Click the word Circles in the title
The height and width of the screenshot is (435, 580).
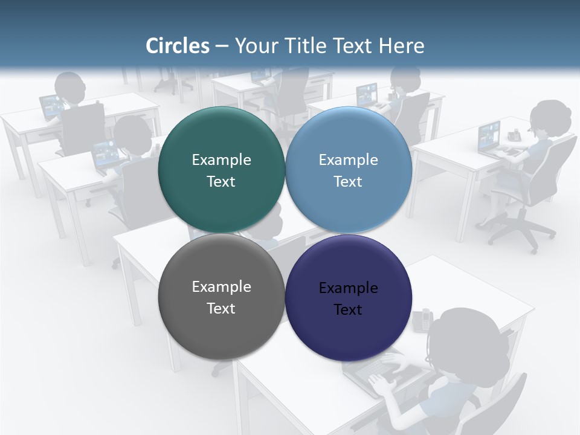coord(178,46)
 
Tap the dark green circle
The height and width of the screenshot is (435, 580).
coord(221,170)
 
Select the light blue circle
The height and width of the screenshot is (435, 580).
coord(348,170)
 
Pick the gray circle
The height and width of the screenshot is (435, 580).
coord(221,297)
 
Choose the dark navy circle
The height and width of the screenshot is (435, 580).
coord(348,297)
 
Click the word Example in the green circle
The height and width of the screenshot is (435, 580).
coord(221,159)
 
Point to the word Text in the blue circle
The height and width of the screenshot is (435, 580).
coord(348,181)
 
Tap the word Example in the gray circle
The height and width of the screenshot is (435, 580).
coord(221,286)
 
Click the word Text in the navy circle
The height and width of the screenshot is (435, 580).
coord(348,309)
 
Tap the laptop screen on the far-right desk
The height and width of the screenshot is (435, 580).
coord(489,137)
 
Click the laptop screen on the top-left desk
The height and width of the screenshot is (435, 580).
coord(50,106)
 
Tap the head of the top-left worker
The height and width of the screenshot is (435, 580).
coord(70,87)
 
